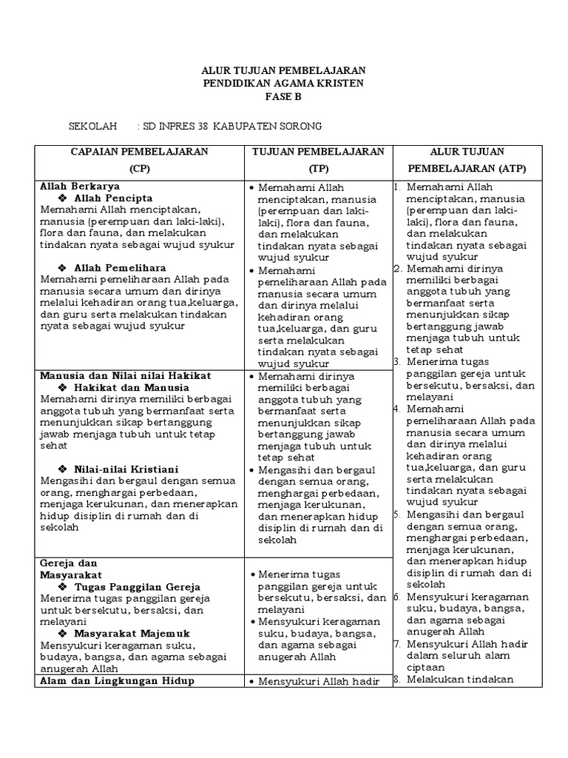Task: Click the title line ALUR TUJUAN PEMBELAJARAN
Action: click(x=283, y=70)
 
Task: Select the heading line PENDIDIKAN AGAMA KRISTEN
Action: click(x=283, y=84)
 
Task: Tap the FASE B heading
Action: click(x=283, y=97)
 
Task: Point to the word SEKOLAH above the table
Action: click(x=93, y=127)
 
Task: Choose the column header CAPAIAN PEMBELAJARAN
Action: click(x=139, y=152)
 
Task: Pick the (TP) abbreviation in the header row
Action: click(x=319, y=168)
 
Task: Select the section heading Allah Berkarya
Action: click(x=81, y=187)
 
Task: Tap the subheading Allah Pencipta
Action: click(x=114, y=198)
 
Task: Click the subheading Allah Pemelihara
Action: click(x=121, y=267)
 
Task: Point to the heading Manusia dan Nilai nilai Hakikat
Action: click(x=126, y=376)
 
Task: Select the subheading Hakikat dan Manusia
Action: click(x=132, y=387)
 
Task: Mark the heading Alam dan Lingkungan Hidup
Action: click(x=117, y=680)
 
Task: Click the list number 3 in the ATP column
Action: click(x=397, y=362)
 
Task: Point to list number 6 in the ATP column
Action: click(x=397, y=597)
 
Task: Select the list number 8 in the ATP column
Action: click(x=397, y=680)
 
